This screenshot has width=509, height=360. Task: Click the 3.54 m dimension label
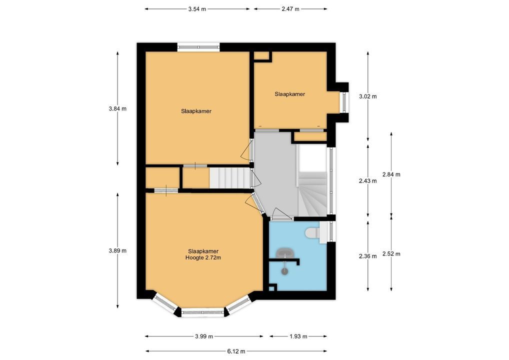point(197,9)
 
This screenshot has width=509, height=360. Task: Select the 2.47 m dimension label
point(290,9)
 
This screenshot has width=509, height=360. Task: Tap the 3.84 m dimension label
point(117,108)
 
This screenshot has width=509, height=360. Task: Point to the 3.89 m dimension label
point(117,250)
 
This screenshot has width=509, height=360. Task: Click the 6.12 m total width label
point(236,351)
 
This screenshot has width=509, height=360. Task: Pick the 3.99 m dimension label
point(204,336)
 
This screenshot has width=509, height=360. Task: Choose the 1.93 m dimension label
point(298,336)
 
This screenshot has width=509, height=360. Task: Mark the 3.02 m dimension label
point(368,96)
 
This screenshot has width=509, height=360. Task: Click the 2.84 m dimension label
point(391,174)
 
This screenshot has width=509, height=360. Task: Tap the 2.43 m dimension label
point(368,181)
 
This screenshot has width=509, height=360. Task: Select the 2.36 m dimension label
point(368,256)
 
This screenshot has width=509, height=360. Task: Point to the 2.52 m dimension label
point(391,254)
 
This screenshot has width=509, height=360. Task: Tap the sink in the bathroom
point(284,252)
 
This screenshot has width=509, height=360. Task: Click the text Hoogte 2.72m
point(203,257)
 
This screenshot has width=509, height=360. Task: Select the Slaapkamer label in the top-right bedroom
point(290,94)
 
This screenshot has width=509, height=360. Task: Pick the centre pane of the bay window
point(203,312)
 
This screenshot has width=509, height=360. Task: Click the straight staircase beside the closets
point(230,177)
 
